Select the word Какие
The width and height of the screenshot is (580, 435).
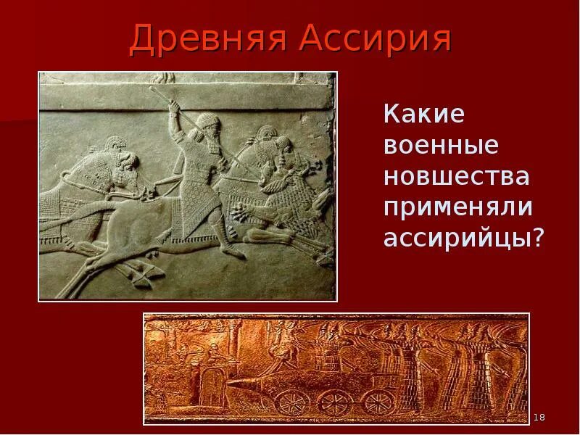pyautogui.click(x=423, y=115)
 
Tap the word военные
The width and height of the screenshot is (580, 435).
pyautogui.click(x=442, y=146)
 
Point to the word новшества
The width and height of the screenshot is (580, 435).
pyautogui.click(x=456, y=176)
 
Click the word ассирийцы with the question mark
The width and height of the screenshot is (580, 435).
pyautogui.click(x=463, y=239)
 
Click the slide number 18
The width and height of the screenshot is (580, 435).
pyautogui.click(x=539, y=418)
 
